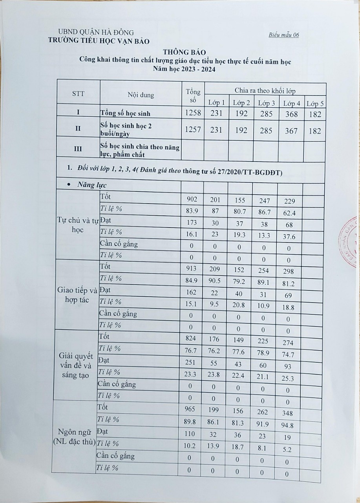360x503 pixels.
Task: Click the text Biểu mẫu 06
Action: click(x=284, y=35)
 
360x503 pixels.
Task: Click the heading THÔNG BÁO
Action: click(x=185, y=52)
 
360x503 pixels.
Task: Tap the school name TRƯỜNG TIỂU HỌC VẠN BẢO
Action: click(x=99, y=40)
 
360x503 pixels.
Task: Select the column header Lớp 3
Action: click(x=266, y=103)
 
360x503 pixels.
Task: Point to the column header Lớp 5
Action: click(x=315, y=104)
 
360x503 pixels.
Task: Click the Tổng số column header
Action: click(x=193, y=96)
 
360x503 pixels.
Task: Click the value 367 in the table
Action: click(x=291, y=131)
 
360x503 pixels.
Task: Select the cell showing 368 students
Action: click(x=291, y=114)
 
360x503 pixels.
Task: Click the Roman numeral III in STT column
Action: click(x=78, y=149)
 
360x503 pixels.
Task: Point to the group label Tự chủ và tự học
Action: click(x=77, y=225)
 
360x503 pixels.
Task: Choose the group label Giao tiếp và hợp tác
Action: click(x=77, y=295)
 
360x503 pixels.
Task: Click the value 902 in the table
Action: click(x=193, y=200)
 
